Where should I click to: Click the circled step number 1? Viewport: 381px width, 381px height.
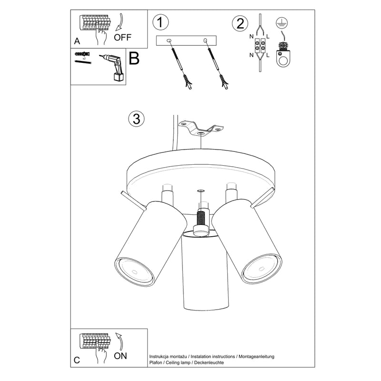161,22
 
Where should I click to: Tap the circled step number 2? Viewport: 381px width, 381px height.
240,23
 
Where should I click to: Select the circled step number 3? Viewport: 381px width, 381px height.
136,119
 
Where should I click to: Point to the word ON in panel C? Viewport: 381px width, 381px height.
121,355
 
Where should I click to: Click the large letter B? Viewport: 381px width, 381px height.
134,59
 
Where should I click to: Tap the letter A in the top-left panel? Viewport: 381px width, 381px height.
77,41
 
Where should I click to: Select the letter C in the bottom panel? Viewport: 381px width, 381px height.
77,360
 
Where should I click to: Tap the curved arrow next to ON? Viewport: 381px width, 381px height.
120,341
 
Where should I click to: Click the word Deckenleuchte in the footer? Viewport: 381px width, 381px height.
208,363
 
